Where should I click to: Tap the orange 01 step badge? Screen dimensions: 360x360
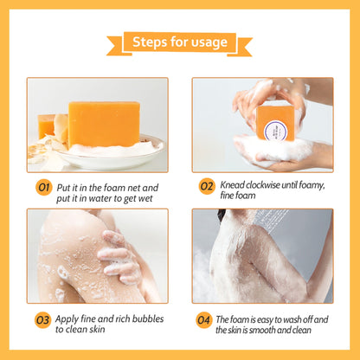pyautogui.click(x=44, y=188)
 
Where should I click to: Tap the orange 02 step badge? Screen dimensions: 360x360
pyautogui.click(x=207, y=186)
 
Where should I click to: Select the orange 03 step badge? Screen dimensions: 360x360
pyautogui.click(x=42, y=320)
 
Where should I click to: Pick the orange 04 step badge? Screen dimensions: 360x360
pyautogui.click(x=203, y=320)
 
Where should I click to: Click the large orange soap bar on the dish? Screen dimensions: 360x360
pyautogui.click(x=104, y=124)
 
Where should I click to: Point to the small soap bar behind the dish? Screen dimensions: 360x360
pyautogui.click(x=47, y=125)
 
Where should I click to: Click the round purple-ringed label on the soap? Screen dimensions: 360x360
pyautogui.click(x=276, y=131)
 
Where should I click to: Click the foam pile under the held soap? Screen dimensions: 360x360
pyautogui.click(x=274, y=150)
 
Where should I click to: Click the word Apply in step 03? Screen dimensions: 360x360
pyautogui.click(x=67, y=319)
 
